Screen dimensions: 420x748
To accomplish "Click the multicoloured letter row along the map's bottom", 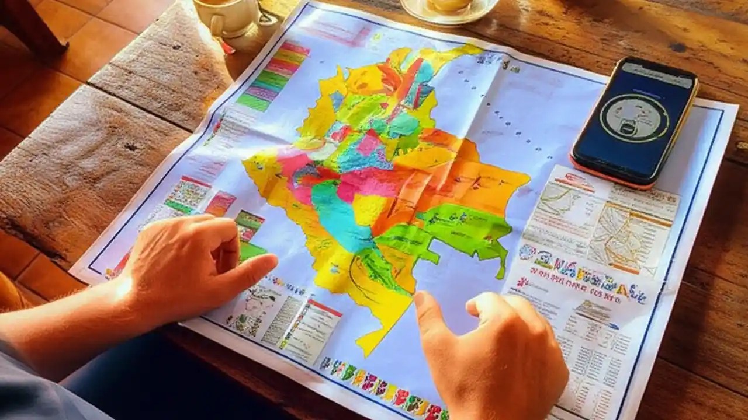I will (380, 382).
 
